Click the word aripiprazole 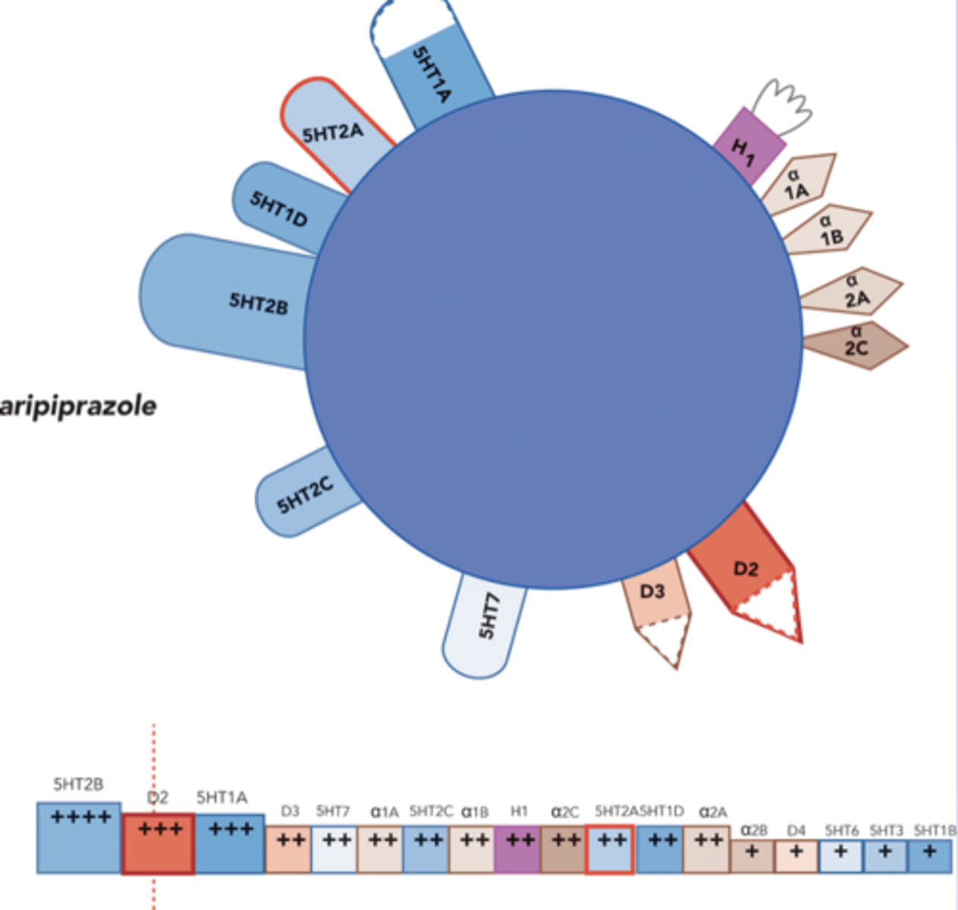78,406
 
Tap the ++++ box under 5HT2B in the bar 79,838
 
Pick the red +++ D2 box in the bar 159,843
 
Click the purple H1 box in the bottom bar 517,849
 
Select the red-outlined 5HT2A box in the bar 610,849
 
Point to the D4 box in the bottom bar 796,856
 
